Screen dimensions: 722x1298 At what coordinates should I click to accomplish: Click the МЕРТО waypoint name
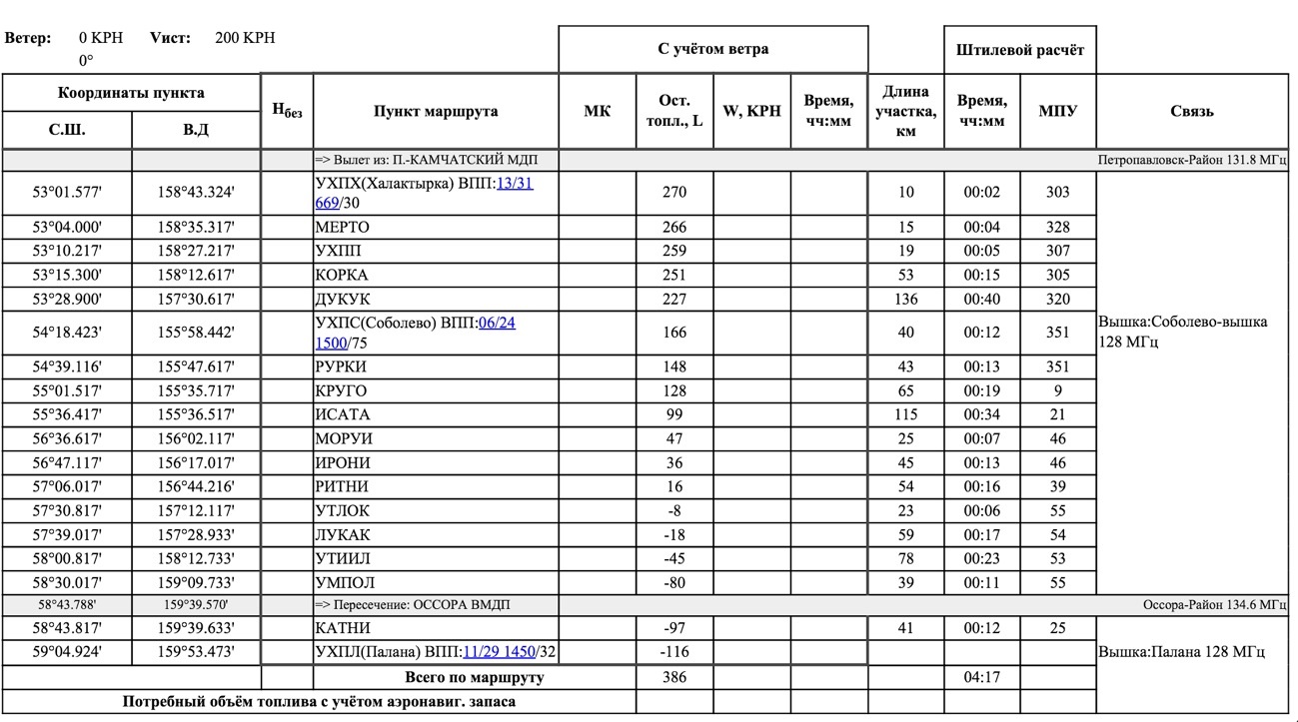point(343,227)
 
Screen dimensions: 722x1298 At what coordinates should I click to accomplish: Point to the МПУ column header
point(1057,111)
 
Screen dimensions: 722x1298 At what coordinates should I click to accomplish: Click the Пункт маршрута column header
point(435,111)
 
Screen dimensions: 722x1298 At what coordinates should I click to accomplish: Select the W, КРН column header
point(751,111)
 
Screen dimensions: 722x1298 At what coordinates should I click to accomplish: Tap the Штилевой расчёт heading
point(1019,50)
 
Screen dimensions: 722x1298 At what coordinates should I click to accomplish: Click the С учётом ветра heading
point(712,49)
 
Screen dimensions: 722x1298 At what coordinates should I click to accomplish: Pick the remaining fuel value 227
point(674,299)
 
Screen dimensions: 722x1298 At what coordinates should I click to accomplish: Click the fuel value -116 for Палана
point(674,652)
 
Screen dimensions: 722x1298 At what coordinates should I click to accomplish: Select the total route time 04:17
point(981,677)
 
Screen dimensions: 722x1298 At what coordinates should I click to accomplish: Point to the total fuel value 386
point(674,677)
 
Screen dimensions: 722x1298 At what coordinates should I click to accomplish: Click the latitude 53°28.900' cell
point(66,299)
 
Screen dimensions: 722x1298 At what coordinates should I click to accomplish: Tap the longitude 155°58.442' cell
point(196,333)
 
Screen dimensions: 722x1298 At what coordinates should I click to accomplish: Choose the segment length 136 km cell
point(905,299)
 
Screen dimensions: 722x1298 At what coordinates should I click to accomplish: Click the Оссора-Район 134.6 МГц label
point(1214,604)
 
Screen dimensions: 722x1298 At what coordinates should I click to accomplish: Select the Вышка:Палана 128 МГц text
point(1181,652)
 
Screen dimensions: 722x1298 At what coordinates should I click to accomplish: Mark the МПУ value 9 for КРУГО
point(1057,390)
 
